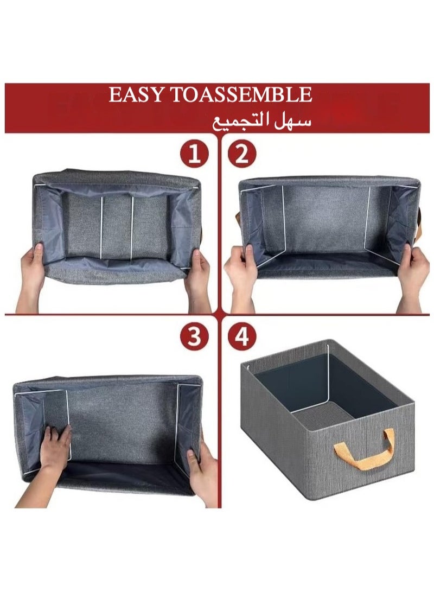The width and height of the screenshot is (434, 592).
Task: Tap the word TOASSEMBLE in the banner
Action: [241, 95]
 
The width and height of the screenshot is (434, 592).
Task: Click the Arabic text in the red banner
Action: [261, 120]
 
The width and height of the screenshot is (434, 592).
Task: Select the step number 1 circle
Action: [194, 155]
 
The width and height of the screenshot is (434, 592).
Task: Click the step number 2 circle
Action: [241, 155]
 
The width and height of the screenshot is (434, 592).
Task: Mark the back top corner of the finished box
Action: [331, 341]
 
